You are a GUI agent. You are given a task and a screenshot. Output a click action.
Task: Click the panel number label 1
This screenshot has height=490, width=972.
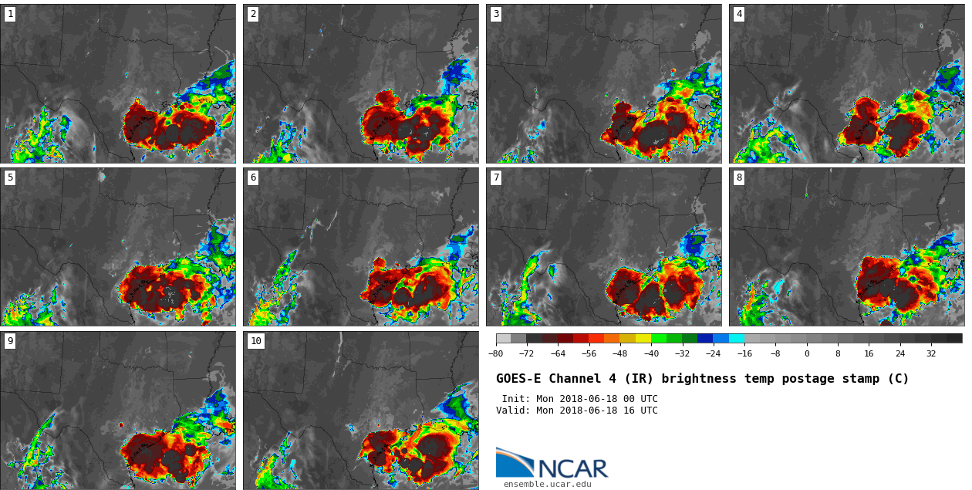[10, 14]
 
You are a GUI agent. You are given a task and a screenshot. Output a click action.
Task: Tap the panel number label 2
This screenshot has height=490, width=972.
[253, 14]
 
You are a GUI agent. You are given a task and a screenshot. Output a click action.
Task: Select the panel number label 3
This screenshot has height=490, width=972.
[496, 14]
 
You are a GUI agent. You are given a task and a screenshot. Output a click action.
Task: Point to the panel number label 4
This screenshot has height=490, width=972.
[739, 14]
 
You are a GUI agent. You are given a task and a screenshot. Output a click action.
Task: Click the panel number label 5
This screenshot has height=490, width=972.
[10, 177]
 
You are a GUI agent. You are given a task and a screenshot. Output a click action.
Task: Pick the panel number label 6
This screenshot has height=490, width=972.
[253, 177]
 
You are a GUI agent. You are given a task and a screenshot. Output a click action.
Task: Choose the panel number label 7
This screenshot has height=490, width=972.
[496, 177]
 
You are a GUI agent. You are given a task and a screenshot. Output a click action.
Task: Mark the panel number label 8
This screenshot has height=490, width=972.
[739, 177]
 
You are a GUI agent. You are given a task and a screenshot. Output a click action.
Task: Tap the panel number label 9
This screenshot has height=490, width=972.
[10, 341]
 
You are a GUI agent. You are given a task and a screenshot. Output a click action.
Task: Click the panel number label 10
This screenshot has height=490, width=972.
[256, 341]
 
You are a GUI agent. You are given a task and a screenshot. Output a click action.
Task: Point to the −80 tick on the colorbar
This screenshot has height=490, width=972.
[496, 353]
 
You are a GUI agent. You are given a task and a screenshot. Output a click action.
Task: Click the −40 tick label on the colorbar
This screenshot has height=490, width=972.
[651, 353]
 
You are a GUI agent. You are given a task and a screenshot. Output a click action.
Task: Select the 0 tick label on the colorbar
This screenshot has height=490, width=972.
[807, 353]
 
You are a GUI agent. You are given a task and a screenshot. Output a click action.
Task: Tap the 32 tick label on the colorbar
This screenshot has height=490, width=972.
[931, 353]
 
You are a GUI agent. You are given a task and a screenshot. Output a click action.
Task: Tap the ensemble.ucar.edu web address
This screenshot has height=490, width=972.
[547, 485]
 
